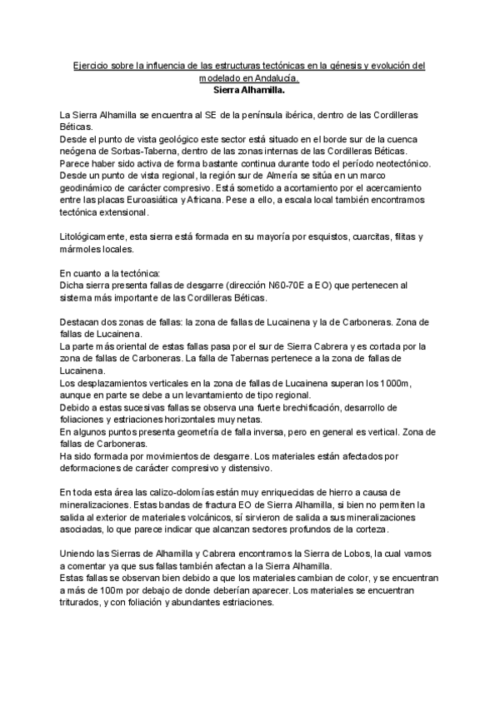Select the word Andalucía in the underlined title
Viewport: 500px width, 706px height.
275,77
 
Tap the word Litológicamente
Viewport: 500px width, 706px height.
96,237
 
